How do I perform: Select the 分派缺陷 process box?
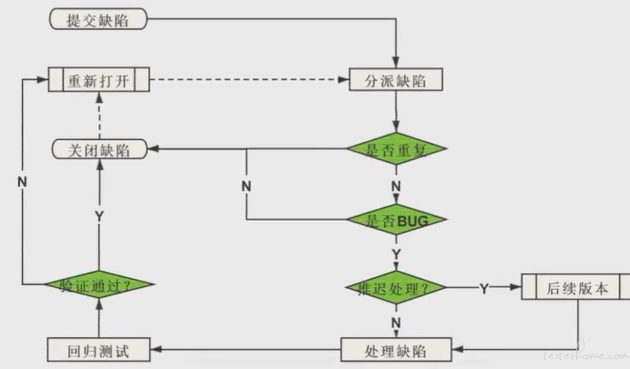[x=396, y=79]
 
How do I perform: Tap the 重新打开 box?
[x=99, y=79]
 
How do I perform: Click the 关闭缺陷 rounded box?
[x=99, y=149]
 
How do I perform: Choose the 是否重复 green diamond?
[x=396, y=149]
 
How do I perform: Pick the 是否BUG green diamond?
[x=396, y=220]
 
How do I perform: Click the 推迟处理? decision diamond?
[x=396, y=288]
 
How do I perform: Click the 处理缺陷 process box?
[x=396, y=349]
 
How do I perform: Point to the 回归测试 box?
[x=99, y=349]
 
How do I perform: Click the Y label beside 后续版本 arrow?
[x=483, y=289]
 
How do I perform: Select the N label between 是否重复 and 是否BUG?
[x=396, y=187]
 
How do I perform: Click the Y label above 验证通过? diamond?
[x=99, y=216]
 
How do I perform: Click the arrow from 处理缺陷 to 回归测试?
[x=246, y=349]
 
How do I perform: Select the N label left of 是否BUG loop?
[x=246, y=186]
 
